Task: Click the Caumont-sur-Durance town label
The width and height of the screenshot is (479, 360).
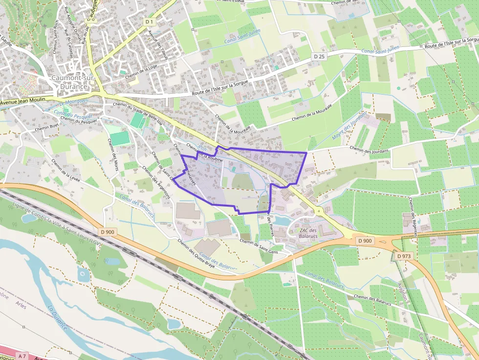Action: pos(69,83)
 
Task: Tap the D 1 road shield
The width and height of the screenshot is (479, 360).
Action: pos(150,21)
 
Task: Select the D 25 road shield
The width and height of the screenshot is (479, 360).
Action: pos(319,57)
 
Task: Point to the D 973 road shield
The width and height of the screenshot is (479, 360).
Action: pos(404,256)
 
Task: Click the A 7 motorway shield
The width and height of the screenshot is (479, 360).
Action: pos(21,355)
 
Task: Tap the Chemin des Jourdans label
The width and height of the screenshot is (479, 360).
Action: pos(369,149)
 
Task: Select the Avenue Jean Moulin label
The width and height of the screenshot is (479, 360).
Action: pos(22,101)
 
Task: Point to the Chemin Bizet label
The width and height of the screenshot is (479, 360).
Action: pos(47,128)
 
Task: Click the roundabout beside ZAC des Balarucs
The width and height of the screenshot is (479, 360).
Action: pos(319,212)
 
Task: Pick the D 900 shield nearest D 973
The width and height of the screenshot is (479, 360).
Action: pos(365,240)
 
